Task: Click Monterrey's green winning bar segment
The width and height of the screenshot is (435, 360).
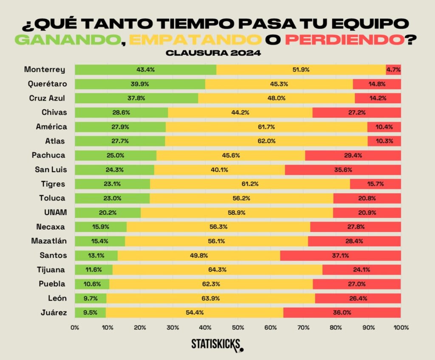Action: (145, 70)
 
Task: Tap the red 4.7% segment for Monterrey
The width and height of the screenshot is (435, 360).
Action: (393, 70)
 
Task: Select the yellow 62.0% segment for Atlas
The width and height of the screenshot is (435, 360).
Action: (266, 141)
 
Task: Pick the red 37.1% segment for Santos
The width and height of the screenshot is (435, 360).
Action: (340, 255)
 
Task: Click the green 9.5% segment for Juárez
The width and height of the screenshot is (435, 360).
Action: (90, 312)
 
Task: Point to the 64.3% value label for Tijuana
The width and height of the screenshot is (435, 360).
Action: (217, 270)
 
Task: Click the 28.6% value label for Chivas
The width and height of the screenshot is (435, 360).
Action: (121, 112)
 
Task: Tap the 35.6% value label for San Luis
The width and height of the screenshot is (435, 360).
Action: (343, 170)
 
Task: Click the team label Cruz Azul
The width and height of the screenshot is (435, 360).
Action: (47, 98)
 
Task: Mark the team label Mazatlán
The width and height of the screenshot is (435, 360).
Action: (49, 241)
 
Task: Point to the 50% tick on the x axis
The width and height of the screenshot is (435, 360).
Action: (238, 327)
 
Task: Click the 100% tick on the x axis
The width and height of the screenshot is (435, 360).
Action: (401, 327)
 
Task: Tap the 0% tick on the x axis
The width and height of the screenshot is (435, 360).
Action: (75, 327)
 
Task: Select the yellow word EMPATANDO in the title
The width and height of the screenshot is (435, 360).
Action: (195, 39)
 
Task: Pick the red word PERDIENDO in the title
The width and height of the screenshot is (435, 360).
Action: (344, 39)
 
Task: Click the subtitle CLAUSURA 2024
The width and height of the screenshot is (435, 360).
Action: (217, 53)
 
